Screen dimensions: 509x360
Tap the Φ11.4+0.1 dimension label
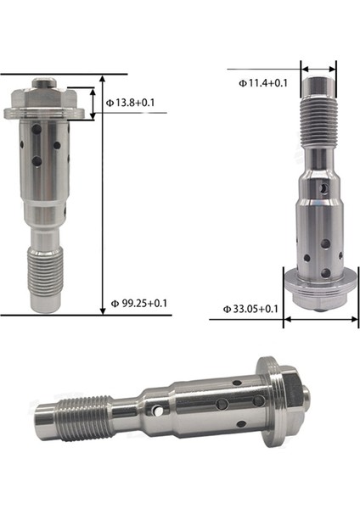pos(262,82)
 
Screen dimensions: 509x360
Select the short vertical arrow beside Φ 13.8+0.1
pos(92,102)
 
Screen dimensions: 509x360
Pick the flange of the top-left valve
pos(46,110)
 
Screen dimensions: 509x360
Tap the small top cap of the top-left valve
pos(46,86)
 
